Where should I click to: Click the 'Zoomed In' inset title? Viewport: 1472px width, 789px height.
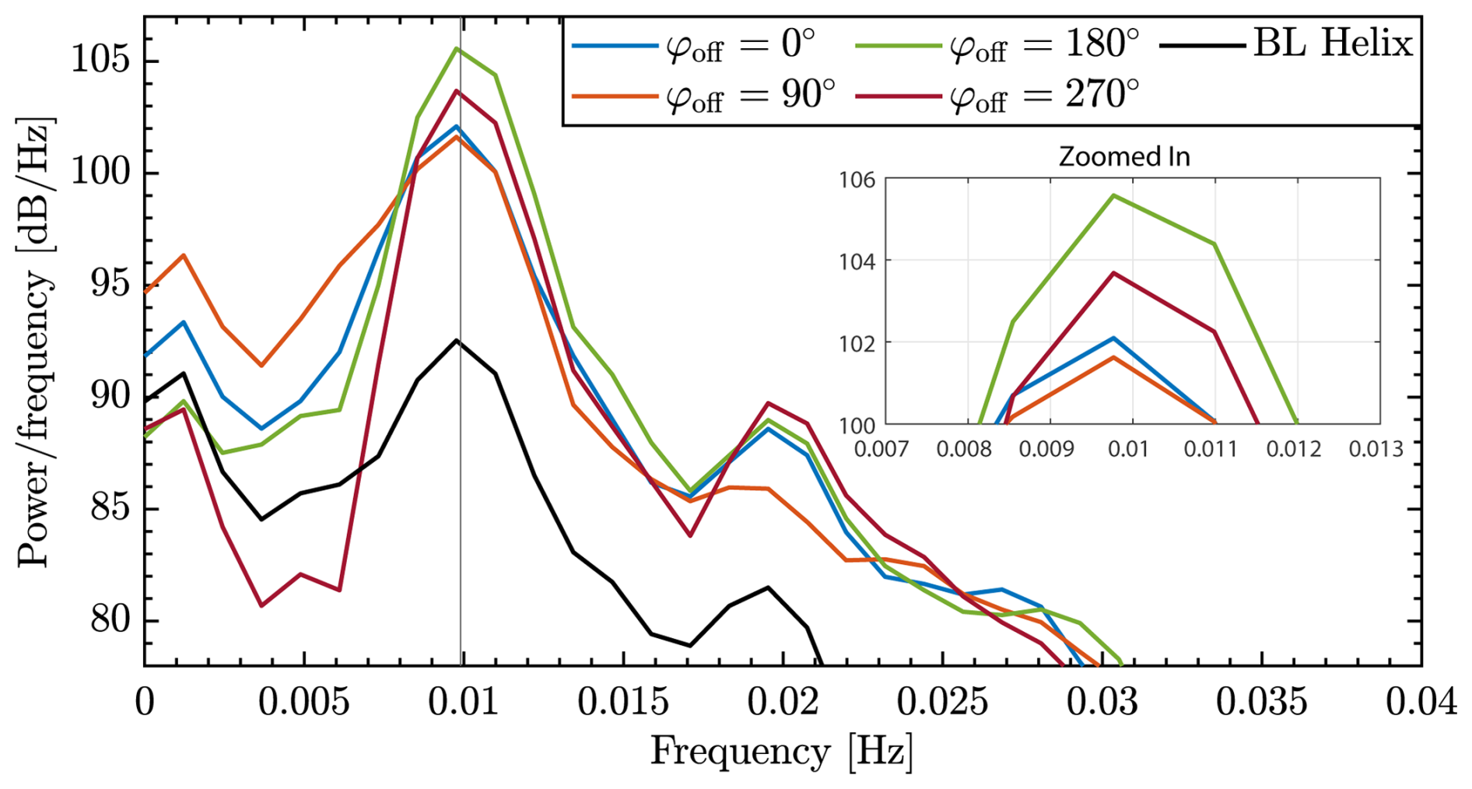1124,157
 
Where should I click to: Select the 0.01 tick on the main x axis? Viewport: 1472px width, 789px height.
463,702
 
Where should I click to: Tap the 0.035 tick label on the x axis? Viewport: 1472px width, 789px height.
1261,702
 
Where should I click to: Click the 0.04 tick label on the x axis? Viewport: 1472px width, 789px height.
1421,702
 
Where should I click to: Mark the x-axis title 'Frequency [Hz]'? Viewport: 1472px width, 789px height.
782,752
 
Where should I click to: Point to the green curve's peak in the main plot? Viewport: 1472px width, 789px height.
457,48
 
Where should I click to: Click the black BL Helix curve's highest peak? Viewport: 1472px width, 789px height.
457,340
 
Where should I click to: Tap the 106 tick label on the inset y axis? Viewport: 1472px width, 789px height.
857,181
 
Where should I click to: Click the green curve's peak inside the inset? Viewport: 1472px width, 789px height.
1113,195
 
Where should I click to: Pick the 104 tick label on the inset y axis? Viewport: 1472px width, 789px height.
857,261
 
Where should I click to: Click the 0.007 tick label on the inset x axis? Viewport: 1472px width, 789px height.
881,449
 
